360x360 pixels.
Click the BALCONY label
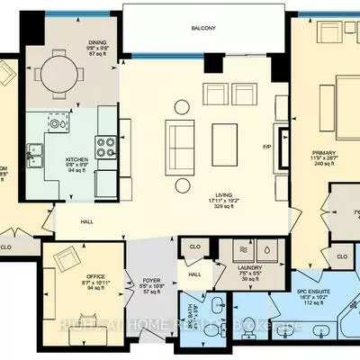[x=202, y=29]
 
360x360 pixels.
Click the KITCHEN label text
[x=76, y=161]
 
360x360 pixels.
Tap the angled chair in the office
[x=67, y=261]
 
